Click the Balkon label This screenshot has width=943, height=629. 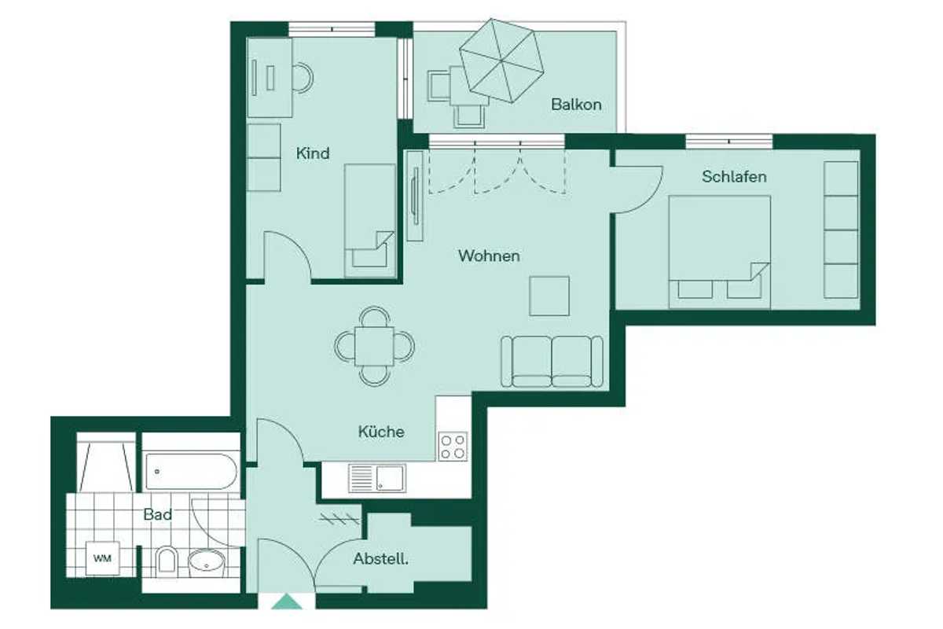(576, 105)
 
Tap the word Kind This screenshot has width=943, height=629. (313, 153)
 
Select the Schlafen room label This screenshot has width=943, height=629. (734, 177)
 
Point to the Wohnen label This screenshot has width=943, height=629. (489, 256)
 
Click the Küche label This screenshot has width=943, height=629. (381, 432)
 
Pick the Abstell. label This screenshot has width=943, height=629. (380, 559)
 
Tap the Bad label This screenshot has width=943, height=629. (157, 514)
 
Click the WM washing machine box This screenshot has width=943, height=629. (103, 559)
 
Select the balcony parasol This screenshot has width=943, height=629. (501, 61)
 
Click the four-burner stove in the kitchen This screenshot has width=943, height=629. (453, 447)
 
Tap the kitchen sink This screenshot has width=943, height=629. (377, 479)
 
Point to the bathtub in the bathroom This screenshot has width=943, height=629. (192, 472)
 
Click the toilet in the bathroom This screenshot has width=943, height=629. (167, 561)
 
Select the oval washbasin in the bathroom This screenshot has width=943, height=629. (206, 563)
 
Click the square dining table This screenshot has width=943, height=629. (374, 346)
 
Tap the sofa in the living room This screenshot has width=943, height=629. (552, 362)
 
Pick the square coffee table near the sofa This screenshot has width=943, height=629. (549, 296)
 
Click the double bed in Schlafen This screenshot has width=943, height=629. (720, 252)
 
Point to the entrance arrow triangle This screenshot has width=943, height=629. (287, 601)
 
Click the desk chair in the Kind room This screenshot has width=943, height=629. (303, 78)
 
